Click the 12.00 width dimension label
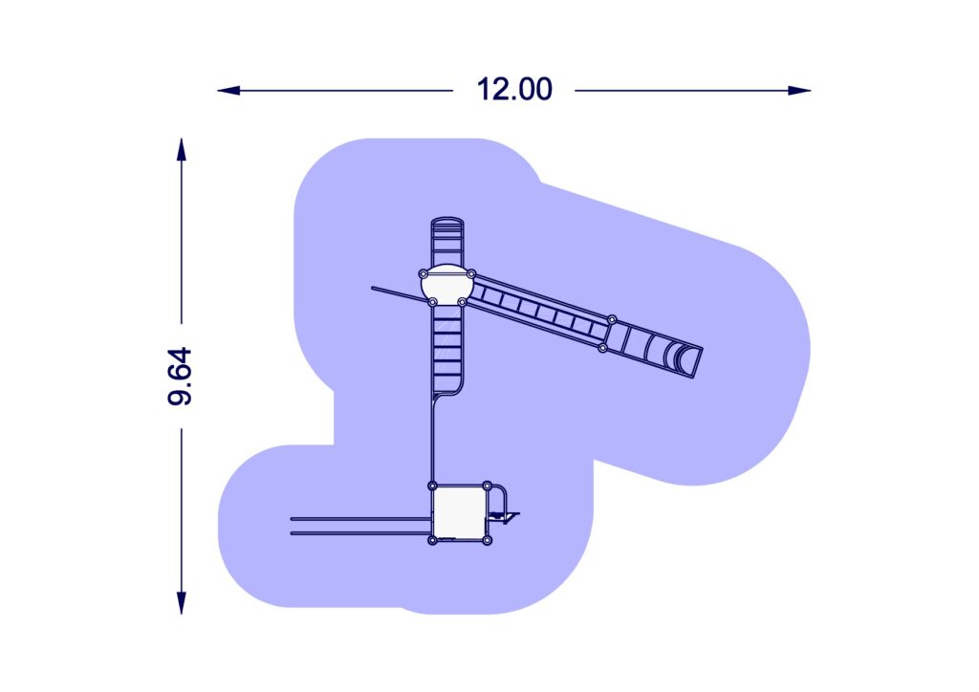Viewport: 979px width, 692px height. coord(513,89)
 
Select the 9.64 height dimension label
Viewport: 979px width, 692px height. coord(180,377)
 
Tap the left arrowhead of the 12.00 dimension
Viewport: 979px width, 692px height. coord(228,91)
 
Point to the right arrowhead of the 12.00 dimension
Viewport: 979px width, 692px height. coord(799,91)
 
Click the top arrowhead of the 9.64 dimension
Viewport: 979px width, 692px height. coord(181,150)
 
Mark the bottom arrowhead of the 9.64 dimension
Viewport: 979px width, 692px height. coord(181,603)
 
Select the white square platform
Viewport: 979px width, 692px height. coord(460,513)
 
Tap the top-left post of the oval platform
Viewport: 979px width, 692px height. coord(424,274)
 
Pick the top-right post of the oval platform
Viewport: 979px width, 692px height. coord(471,274)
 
